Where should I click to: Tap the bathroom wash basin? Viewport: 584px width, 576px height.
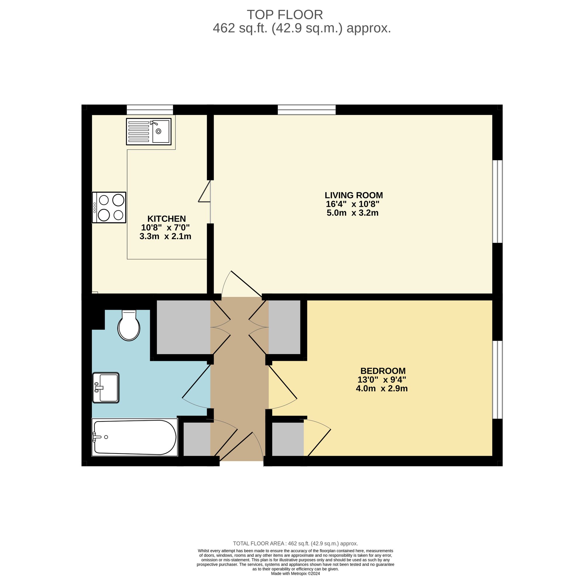pos(106,388)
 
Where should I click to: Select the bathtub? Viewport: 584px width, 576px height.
pos(135,437)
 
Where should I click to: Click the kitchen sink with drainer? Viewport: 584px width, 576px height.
pos(149,131)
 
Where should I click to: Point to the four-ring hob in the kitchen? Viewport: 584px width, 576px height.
pos(109,207)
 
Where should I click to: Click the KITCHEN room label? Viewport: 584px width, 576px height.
pos(166,218)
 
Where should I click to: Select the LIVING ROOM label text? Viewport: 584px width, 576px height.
pos(354,195)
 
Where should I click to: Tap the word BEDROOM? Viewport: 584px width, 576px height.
pos(383,371)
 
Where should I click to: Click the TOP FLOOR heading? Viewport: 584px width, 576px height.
pos(285,15)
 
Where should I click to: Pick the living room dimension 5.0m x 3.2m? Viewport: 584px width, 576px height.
pos(352,213)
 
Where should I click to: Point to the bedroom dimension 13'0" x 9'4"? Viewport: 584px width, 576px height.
pos(382,379)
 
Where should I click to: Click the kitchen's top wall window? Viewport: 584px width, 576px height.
pos(150,110)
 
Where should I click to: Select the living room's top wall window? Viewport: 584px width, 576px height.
pos(307,110)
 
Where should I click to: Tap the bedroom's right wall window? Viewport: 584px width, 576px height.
pos(497,380)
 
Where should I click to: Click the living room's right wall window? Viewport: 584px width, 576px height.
pos(497,201)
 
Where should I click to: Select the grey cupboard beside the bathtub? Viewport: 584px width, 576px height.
pos(197,439)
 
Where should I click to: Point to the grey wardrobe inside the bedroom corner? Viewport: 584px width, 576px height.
pos(288,439)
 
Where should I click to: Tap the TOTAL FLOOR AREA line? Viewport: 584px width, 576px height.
pos(295,543)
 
